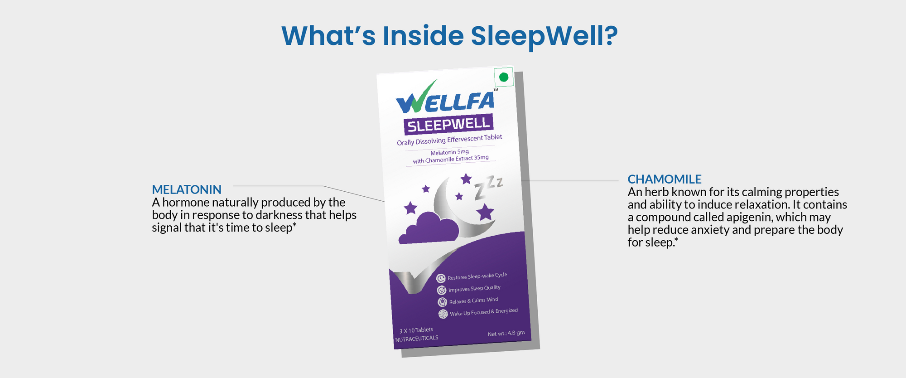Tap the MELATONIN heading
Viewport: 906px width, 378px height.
(187, 189)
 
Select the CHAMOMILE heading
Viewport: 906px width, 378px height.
(665, 179)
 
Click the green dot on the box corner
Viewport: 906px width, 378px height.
(503, 78)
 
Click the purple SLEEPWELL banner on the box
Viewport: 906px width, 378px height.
(448, 124)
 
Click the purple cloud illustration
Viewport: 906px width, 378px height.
(429, 228)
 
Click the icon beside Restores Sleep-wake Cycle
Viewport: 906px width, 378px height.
(440, 278)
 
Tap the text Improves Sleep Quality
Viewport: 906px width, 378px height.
(474, 288)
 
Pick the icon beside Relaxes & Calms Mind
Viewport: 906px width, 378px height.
(442, 302)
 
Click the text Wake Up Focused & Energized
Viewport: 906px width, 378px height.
(483, 312)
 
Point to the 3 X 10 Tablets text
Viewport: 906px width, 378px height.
(416, 330)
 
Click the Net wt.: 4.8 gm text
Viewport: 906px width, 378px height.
(506, 334)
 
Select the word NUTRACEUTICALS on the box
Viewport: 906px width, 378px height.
(416, 339)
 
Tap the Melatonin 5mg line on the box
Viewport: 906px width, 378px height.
(449, 152)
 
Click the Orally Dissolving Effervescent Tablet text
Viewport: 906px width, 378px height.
(449, 140)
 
